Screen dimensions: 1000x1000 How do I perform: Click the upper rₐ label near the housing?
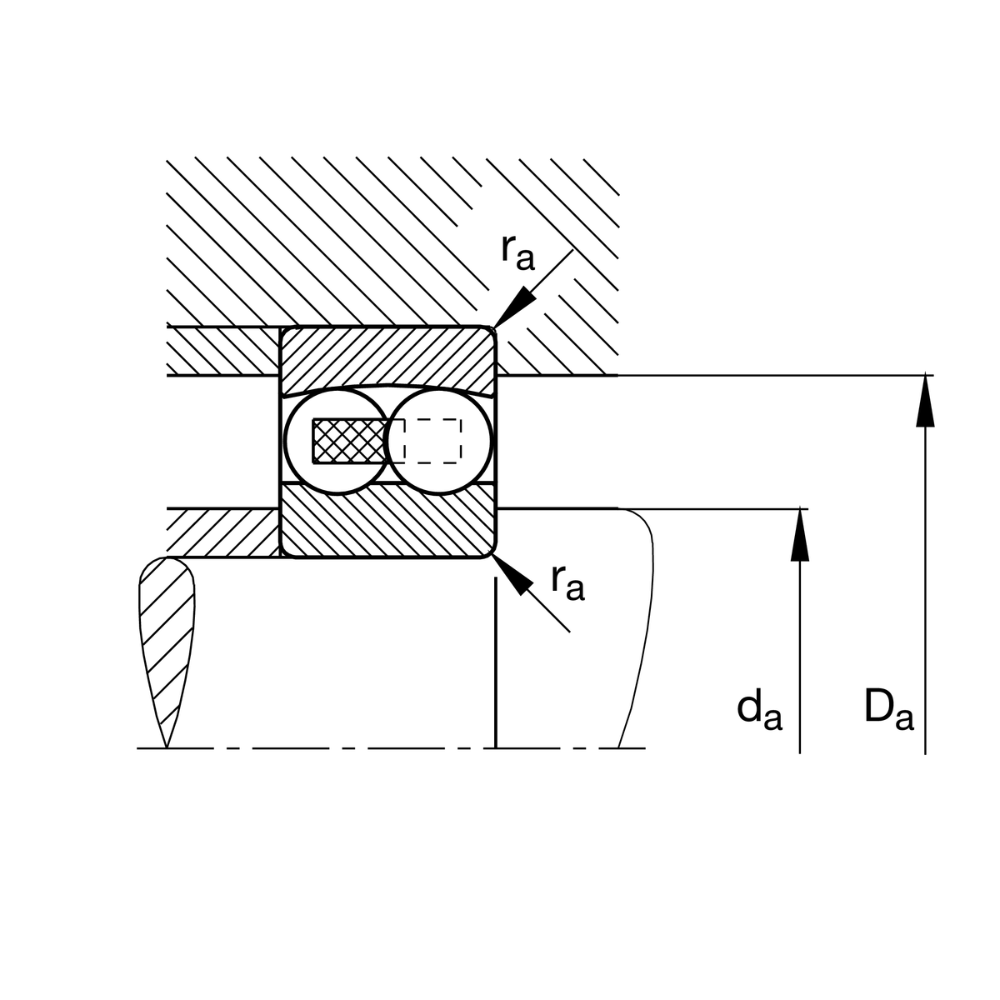point(517,252)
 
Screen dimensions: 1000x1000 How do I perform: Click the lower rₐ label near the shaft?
point(568,582)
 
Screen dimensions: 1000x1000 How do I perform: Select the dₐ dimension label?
point(759,711)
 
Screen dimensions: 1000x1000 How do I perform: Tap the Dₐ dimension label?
point(889,711)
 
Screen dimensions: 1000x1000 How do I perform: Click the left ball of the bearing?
point(337,441)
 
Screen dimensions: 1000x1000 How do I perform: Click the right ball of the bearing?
point(439,441)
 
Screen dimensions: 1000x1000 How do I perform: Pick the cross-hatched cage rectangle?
point(351,441)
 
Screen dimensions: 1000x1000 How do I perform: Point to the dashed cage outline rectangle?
point(432,441)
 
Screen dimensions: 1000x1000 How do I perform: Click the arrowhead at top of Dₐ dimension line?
point(925,400)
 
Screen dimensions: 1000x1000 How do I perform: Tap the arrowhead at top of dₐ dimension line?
point(800,534)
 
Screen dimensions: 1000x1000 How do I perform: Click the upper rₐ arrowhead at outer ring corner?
point(514,307)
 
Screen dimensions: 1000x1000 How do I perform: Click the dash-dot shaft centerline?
point(392,747)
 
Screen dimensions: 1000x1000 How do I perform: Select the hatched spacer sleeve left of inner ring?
point(223,533)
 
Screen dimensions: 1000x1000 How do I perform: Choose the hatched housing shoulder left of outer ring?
point(223,351)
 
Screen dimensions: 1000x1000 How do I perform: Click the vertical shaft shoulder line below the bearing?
point(496,662)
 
